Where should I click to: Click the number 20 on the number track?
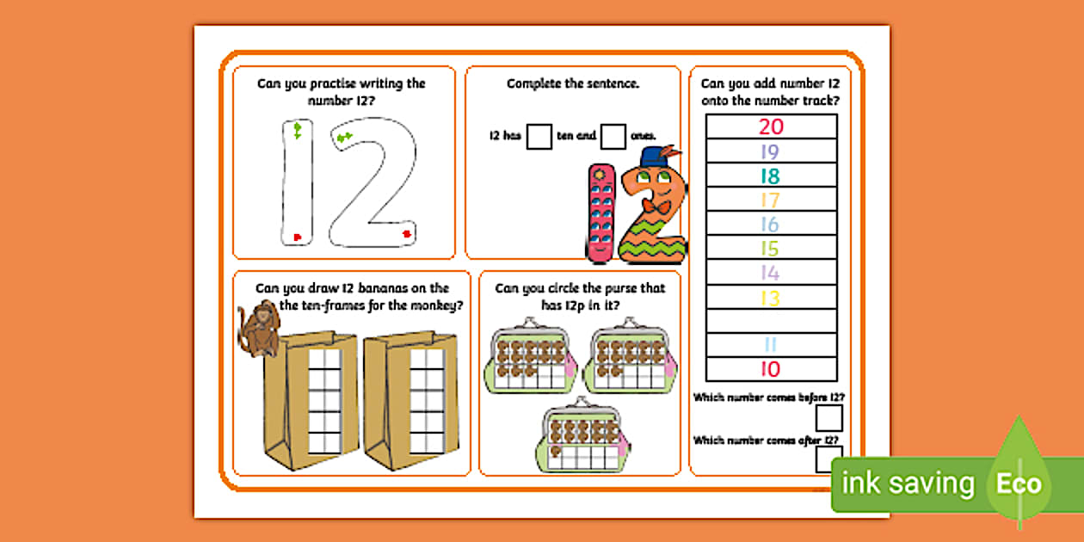click(x=771, y=126)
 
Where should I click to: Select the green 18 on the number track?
click(x=771, y=176)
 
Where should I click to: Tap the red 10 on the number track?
click(x=771, y=370)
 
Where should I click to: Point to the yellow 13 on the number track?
click(x=771, y=298)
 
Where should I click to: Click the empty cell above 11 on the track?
click(x=771, y=321)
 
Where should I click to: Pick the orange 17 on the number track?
click(x=771, y=200)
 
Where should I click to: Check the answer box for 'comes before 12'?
click(x=828, y=419)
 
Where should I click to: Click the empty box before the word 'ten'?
click(x=539, y=136)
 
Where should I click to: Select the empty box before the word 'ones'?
click(x=613, y=136)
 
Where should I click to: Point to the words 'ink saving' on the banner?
click(x=908, y=484)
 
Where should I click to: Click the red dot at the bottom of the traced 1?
click(x=297, y=237)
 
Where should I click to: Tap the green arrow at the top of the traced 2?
click(x=344, y=138)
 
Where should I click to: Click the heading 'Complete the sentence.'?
click(x=572, y=83)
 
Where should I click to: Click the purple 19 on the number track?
click(x=771, y=151)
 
